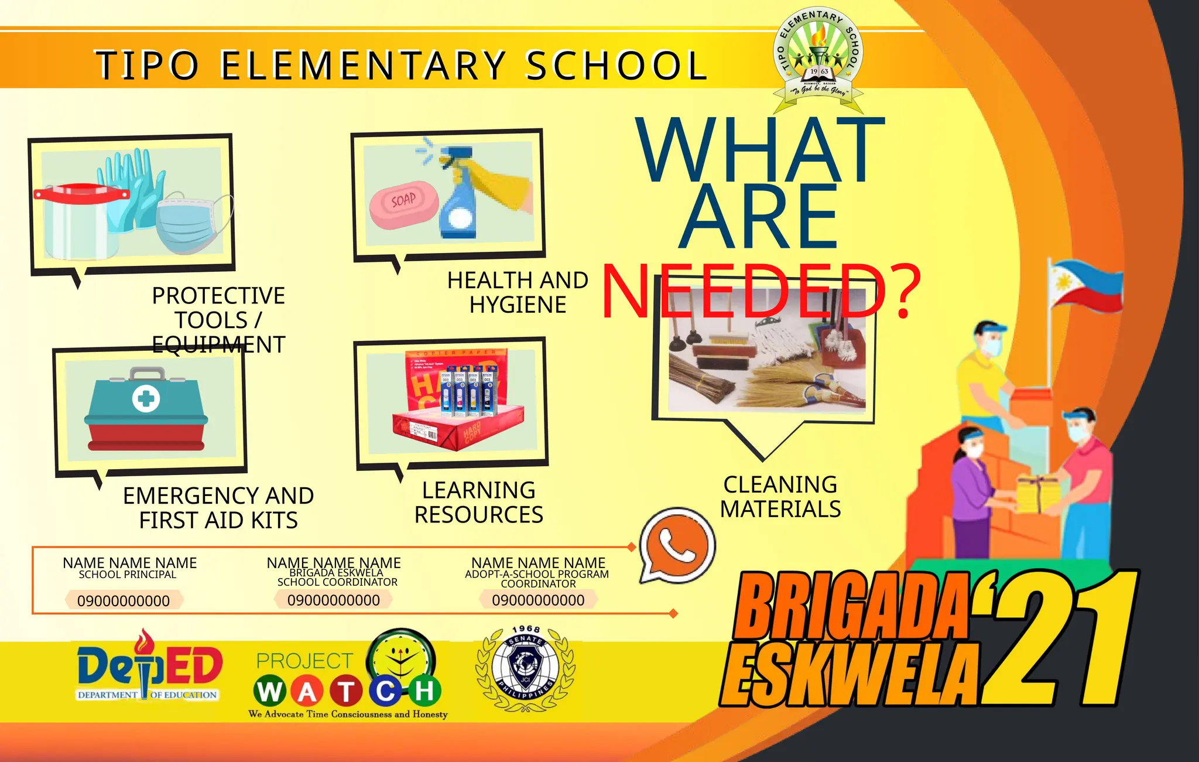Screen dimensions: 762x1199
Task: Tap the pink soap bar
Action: pos(404,204)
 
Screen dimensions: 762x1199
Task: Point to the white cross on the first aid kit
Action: pos(146,399)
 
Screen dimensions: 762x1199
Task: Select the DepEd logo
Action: pos(149,668)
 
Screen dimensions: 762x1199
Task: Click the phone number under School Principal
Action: pos(124,601)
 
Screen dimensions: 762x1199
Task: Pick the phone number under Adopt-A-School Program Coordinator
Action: pos(538,600)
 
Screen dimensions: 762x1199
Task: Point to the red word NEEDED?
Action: pos(761,291)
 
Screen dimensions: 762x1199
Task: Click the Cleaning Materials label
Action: pos(780,497)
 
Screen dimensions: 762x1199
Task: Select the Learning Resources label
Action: pos(479,503)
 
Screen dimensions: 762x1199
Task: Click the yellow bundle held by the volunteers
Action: pos(1038,494)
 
